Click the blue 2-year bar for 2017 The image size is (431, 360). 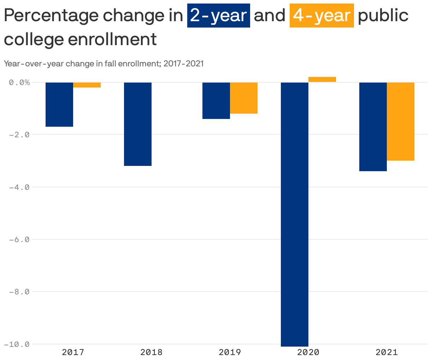[x=59, y=104]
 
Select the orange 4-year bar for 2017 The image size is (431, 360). [x=87, y=85]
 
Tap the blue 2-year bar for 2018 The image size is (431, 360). [x=138, y=124]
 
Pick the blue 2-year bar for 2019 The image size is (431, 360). [x=216, y=101]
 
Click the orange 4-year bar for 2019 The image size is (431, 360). [x=244, y=98]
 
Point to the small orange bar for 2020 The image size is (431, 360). [x=322, y=80]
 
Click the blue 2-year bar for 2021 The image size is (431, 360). [x=373, y=127]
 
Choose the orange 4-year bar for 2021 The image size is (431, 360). [x=401, y=121]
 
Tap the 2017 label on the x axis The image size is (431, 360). [x=73, y=352]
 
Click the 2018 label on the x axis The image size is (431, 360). [x=152, y=352]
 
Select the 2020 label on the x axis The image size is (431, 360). [x=308, y=352]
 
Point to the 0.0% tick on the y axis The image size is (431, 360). [x=19, y=83]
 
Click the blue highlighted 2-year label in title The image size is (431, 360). [x=218, y=16]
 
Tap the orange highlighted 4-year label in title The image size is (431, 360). [x=321, y=16]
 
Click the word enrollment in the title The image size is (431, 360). [x=112, y=39]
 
